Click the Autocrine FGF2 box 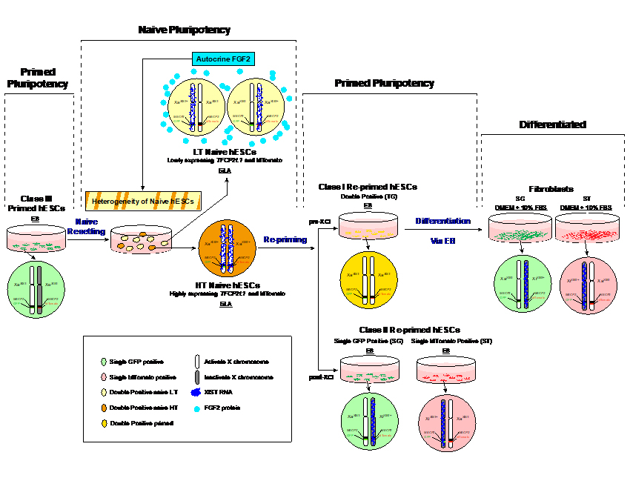pyautogui.click(x=223, y=59)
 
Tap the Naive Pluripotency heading pyautogui.click(x=185, y=30)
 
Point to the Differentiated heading pyautogui.click(x=553, y=125)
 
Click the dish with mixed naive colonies pyautogui.click(x=141, y=240)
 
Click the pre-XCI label pyautogui.click(x=319, y=221)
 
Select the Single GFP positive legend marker pyautogui.click(x=103, y=362)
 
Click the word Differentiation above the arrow pyautogui.click(x=443, y=221)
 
